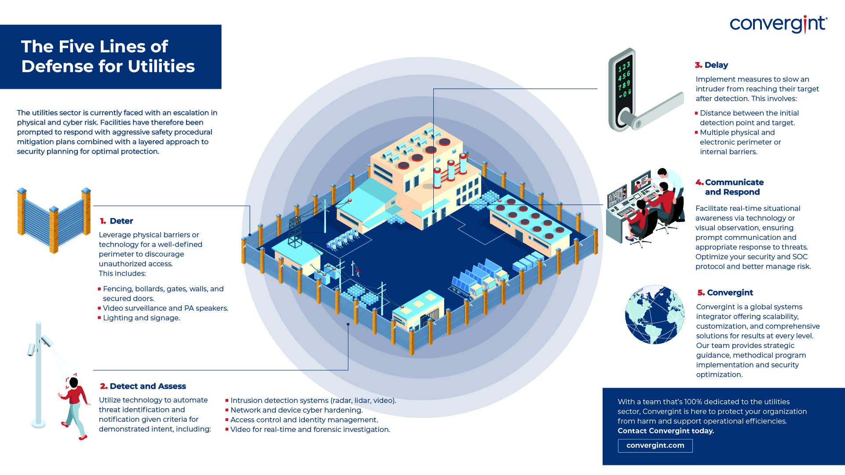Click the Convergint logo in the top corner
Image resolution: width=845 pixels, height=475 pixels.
coord(778,24)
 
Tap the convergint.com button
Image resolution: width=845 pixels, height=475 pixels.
coord(655,446)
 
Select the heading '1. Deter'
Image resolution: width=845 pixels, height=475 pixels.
coord(117,221)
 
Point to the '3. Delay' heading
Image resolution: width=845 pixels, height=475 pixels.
coord(711,65)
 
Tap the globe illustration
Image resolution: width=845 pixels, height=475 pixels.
coord(655,315)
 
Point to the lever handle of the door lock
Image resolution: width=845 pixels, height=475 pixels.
coord(658,110)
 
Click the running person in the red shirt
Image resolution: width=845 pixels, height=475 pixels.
coord(74,406)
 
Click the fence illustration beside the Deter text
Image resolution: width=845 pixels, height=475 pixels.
coord(54,220)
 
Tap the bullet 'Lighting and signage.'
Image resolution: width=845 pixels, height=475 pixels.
coord(141,318)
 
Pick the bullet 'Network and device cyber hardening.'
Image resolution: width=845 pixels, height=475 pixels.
coord(296,410)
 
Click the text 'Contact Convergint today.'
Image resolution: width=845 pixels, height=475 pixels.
coord(666,431)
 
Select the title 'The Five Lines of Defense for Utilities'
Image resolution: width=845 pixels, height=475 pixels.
coord(108,56)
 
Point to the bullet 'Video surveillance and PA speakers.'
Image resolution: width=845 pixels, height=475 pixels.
coord(165,308)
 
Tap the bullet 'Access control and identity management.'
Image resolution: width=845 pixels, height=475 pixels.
coord(304,420)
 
